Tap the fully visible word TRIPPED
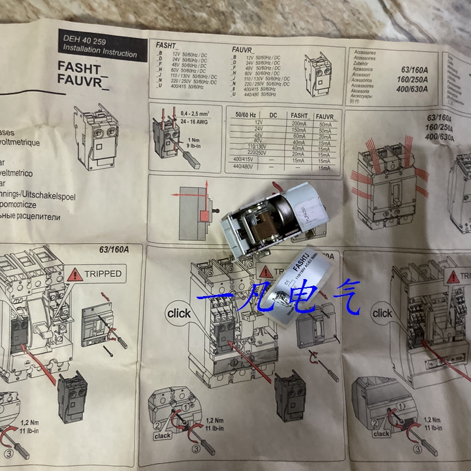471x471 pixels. point(102,273)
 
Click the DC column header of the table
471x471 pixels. point(273,117)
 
